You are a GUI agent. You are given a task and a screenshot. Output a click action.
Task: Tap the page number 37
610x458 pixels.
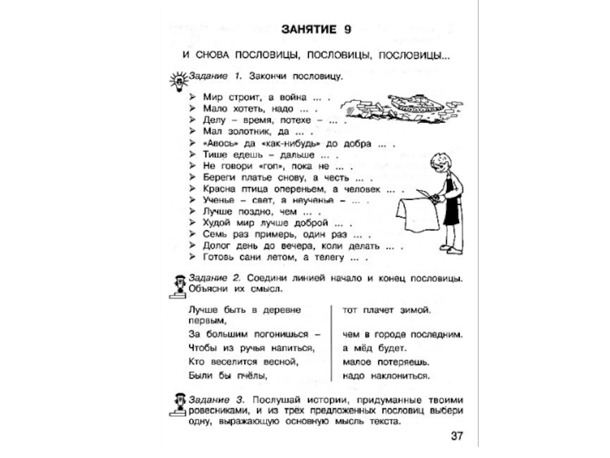456,436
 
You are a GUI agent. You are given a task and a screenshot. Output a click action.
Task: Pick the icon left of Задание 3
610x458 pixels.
176,405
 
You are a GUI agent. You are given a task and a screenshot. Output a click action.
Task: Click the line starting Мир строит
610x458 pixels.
264,98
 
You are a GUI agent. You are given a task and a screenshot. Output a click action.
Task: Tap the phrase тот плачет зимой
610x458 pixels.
387,310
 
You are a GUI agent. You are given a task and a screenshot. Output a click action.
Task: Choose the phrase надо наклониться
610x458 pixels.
386,376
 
